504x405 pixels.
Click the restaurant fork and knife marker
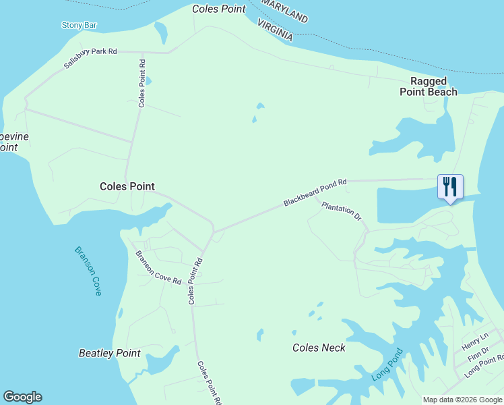[x=450, y=187]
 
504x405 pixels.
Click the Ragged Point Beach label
[x=429, y=86]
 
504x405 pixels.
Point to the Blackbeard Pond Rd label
[x=315, y=192]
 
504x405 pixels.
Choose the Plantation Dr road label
[x=342, y=211]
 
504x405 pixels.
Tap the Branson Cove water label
[x=88, y=271]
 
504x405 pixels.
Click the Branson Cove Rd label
[x=158, y=268]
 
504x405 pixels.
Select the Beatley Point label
[x=110, y=353]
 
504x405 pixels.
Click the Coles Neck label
[x=319, y=348]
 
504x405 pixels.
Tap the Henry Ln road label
[x=474, y=342]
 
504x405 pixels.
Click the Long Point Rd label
[x=484, y=365]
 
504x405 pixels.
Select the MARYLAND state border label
[x=284, y=11]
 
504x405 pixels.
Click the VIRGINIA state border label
[x=275, y=30]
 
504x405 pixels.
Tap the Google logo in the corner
[x=22, y=397]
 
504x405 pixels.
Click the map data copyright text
[x=462, y=400]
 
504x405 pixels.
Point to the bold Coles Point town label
[x=127, y=186]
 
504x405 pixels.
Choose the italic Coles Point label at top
[x=219, y=9]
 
